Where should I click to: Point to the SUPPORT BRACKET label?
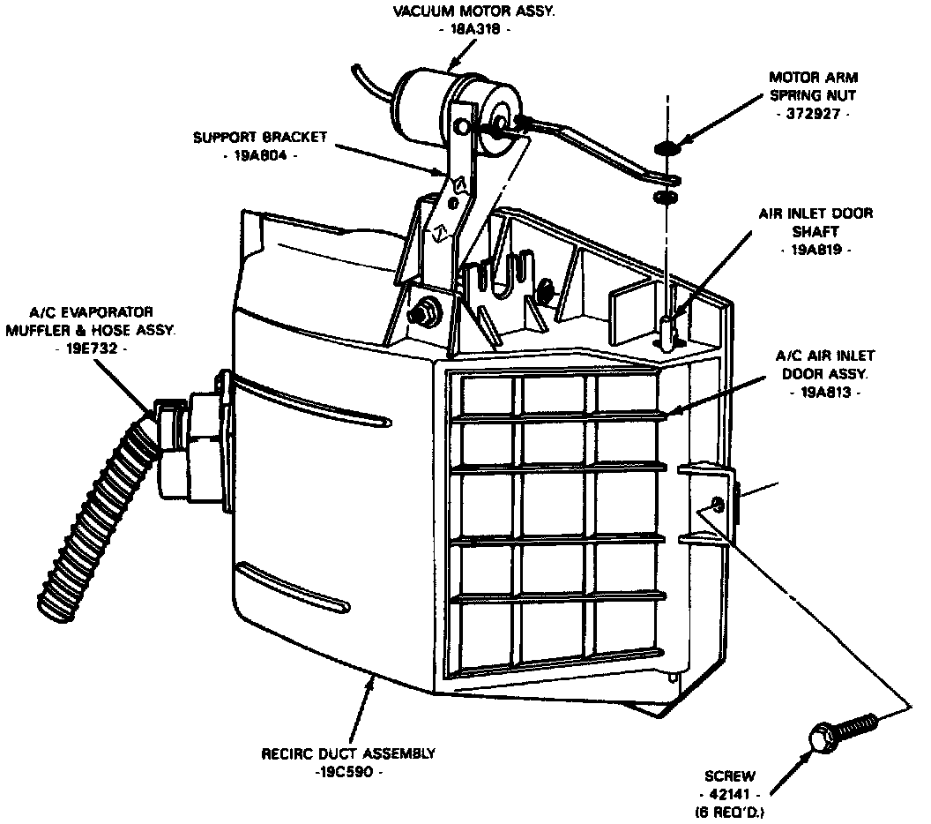260,138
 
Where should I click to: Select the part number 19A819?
816,251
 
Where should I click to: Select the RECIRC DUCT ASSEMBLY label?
348,753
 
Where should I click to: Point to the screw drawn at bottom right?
842,730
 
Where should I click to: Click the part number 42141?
730,794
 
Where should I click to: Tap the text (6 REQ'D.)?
730,811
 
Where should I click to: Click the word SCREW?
730,776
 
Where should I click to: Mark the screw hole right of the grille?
717,506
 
